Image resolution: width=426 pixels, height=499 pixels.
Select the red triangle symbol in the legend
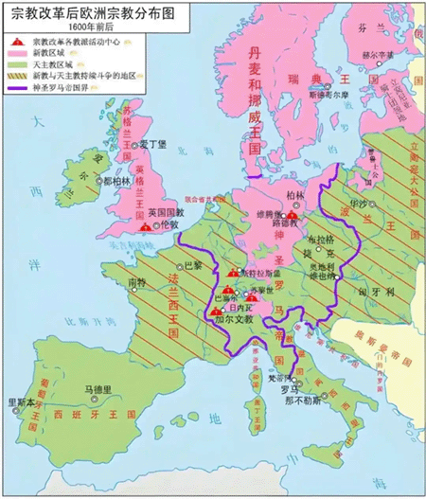[17, 43]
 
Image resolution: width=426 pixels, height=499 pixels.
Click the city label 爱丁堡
[154, 145]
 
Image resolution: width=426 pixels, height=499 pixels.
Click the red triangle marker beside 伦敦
[145, 227]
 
